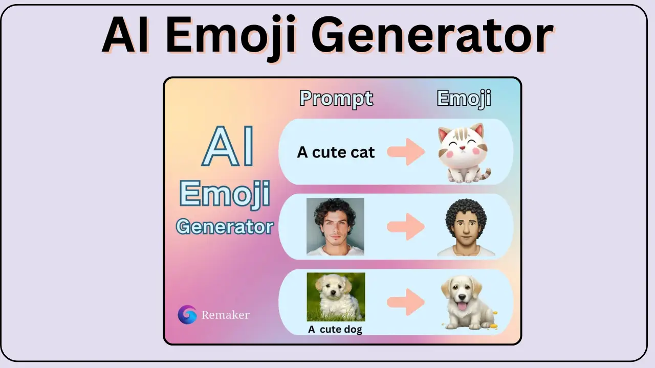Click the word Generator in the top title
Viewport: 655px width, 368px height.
pyautogui.click(x=432, y=35)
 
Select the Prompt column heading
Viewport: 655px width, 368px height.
pyautogui.click(x=336, y=99)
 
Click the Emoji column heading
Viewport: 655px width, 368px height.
pyautogui.click(x=464, y=99)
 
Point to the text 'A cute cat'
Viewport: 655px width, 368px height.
pyautogui.click(x=336, y=152)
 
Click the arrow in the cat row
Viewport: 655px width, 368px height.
pyautogui.click(x=406, y=152)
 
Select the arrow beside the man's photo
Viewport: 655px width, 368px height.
pyautogui.click(x=406, y=226)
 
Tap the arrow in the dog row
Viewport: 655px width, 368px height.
pyautogui.click(x=406, y=302)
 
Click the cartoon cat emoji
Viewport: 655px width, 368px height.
pyautogui.click(x=464, y=153)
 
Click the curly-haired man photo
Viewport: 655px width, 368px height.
pyautogui.click(x=335, y=226)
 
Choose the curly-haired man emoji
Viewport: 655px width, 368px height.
pyautogui.click(x=466, y=227)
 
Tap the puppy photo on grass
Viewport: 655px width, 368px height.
pyautogui.click(x=336, y=297)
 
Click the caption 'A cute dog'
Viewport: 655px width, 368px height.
pyautogui.click(x=335, y=330)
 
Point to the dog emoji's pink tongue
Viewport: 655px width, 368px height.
pyautogui.click(x=462, y=307)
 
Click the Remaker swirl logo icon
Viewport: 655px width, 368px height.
pyautogui.click(x=187, y=314)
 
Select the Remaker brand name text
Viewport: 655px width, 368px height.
pyautogui.click(x=226, y=315)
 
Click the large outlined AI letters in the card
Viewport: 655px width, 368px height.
pyautogui.click(x=228, y=146)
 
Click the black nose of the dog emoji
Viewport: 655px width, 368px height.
pyautogui.click(x=462, y=297)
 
